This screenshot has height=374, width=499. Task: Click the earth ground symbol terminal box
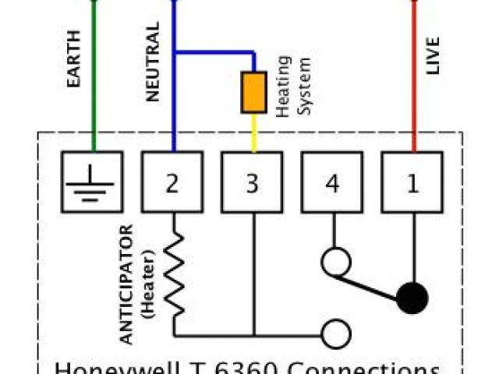pyautogui.click(x=93, y=182)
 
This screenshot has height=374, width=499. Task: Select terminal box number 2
pyautogui.click(x=172, y=182)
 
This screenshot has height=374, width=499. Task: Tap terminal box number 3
pyautogui.click(x=252, y=182)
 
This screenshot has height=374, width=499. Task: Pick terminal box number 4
pyautogui.click(x=332, y=182)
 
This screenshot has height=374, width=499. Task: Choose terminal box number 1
pyautogui.click(x=412, y=182)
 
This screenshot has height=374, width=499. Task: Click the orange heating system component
pyautogui.click(x=253, y=91)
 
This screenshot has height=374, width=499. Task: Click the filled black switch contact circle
pyautogui.click(x=412, y=297)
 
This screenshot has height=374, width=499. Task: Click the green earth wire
pyautogui.click(x=93, y=78)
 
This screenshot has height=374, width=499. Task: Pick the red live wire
pyautogui.click(x=413, y=78)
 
